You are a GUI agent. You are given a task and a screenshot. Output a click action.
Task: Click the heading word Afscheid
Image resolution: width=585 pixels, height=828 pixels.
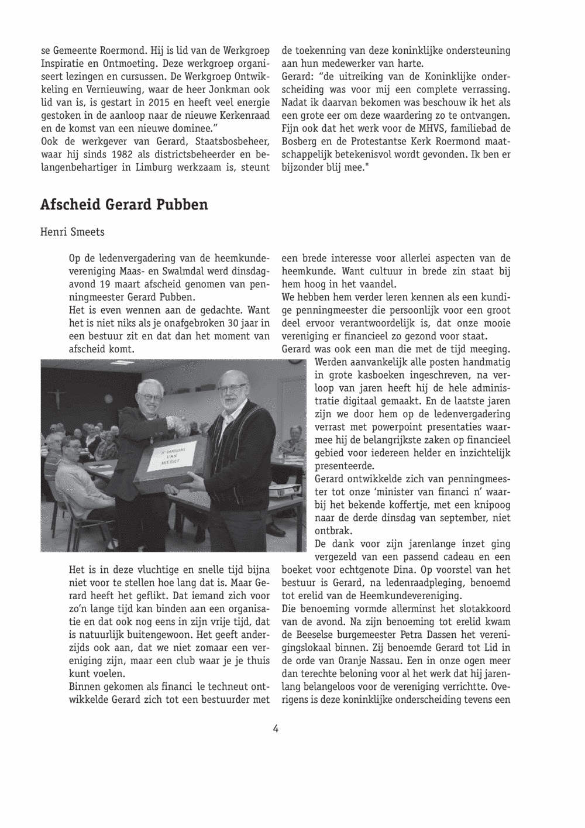(70, 205)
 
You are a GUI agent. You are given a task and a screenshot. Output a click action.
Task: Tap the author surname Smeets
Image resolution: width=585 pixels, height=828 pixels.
(87, 232)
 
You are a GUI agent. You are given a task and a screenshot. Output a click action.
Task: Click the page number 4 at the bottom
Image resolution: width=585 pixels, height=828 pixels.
(275, 729)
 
